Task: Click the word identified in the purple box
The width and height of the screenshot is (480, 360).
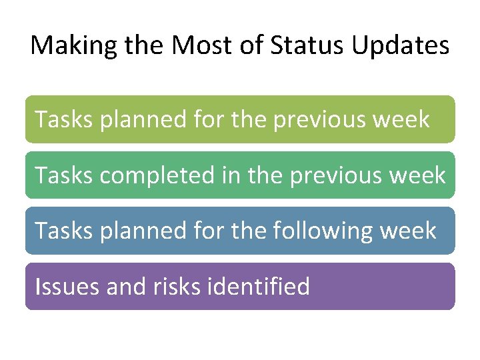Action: [259, 287]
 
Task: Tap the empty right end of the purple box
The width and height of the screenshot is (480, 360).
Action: [400, 287]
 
